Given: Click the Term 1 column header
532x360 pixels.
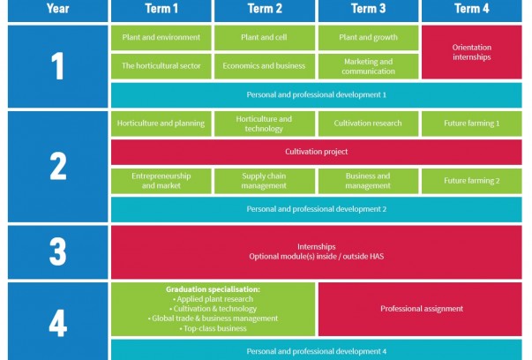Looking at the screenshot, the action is [161, 10].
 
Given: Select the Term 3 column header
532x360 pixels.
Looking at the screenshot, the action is [368, 10].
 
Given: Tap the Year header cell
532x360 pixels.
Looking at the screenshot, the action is [57, 10].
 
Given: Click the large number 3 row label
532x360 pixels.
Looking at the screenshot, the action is [57, 252].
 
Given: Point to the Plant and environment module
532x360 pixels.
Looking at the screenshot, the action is [161, 38].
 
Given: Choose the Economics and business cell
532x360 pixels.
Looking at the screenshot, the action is [265, 66].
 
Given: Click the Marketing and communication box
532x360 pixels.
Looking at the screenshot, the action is [368, 66].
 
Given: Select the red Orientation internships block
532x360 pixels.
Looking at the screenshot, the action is [472, 52].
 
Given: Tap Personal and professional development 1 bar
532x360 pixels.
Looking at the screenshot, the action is [316, 95].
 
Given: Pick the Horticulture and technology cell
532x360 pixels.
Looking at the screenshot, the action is [265, 124].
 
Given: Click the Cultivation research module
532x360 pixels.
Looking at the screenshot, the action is [368, 124].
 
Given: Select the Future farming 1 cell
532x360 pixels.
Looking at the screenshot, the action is [472, 124].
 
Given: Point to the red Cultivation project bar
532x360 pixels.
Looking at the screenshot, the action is [316, 152].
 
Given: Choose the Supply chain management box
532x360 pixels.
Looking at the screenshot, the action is [265, 181].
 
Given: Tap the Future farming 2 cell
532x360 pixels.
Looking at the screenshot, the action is [472, 181].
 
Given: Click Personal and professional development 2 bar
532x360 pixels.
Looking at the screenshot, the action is [316, 209].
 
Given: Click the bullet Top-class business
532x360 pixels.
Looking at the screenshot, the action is [214, 328].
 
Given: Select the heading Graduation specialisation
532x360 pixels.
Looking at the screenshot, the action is [213, 289].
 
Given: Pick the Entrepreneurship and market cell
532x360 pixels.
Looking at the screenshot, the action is [161, 181].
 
